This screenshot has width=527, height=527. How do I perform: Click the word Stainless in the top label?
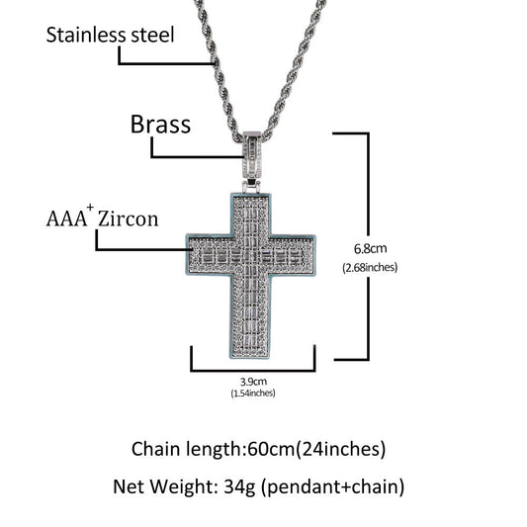click(x=86, y=35)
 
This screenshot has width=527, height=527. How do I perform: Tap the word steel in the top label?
click(x=152, y=35)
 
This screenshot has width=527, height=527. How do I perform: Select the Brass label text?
click(x=160, y=125)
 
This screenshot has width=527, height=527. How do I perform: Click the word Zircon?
click(x=128, y=220)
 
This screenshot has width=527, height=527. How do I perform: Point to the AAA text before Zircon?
click(x=66, y=220)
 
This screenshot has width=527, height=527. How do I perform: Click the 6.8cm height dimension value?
click(x=370, y=249)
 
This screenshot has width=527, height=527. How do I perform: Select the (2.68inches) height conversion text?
click(x=370, y=268)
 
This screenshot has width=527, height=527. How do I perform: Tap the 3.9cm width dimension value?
click(x=253, y=382)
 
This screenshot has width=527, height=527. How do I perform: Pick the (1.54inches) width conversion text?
click(x=253, y=393)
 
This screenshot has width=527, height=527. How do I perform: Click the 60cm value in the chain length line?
click(x=271, y=449)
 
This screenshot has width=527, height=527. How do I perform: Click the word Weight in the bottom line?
click(x=181, y=486)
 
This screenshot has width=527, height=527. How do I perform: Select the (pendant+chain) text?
click(x=333, y=487)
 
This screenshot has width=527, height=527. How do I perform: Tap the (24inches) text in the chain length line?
click(x=340, y=449)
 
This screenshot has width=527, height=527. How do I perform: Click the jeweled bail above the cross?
click(x=252, y=155)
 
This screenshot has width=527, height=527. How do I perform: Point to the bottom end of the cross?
click(x=250, y=357)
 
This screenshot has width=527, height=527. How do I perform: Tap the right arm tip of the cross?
click(x=315, y=255)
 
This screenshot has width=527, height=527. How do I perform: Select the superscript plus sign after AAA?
click(x=90, y=208)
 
